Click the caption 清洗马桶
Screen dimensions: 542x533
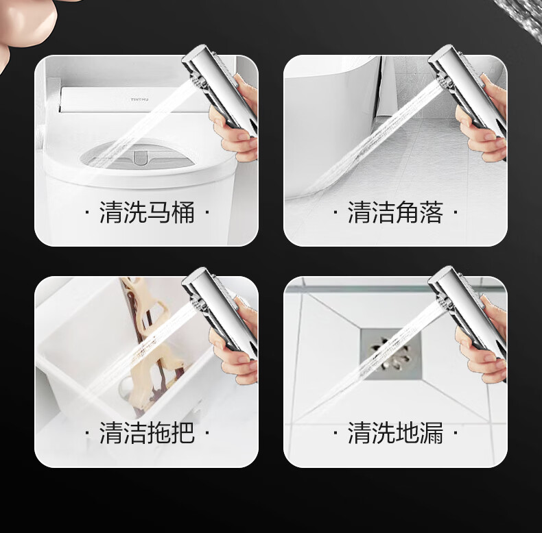tap(147, 212)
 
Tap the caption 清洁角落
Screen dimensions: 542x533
tap(395, 212)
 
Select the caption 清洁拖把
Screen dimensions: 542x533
tap(147, 432)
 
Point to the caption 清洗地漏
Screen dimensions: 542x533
tap(395, 432)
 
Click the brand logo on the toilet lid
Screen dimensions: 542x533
tap(140, 99)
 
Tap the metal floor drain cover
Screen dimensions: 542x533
tap(391, 354)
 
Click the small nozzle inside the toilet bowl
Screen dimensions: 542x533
tap(140, 156)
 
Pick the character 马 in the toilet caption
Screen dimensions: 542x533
tap(158, 212)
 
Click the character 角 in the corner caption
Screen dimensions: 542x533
tap(407, 212)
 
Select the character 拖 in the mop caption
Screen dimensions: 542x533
tap(158, 432)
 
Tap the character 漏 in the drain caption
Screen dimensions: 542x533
tap(432, 432)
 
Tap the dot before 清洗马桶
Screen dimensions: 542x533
tap(87, 212)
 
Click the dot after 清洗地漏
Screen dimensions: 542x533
tap(456, 432)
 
